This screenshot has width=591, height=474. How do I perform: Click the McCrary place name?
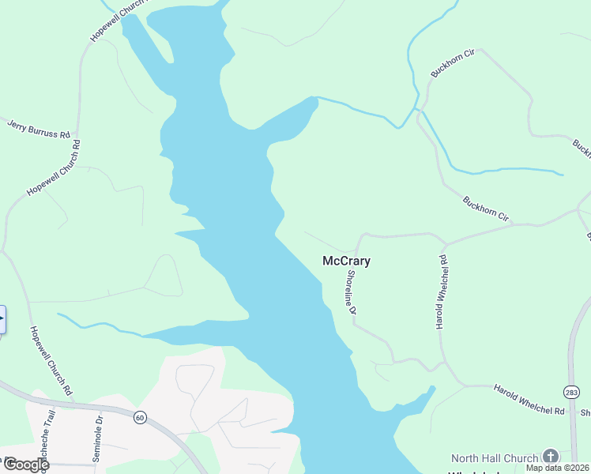tap(346, 261)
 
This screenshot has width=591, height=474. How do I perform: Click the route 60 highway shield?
tap(140, 417)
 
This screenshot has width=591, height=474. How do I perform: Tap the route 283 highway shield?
tap(571, 393)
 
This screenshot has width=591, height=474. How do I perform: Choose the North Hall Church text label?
tap(494, 458)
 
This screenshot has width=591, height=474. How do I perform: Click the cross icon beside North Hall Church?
tap(549, 457)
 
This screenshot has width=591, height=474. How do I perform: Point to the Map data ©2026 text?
tap(558, 468)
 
